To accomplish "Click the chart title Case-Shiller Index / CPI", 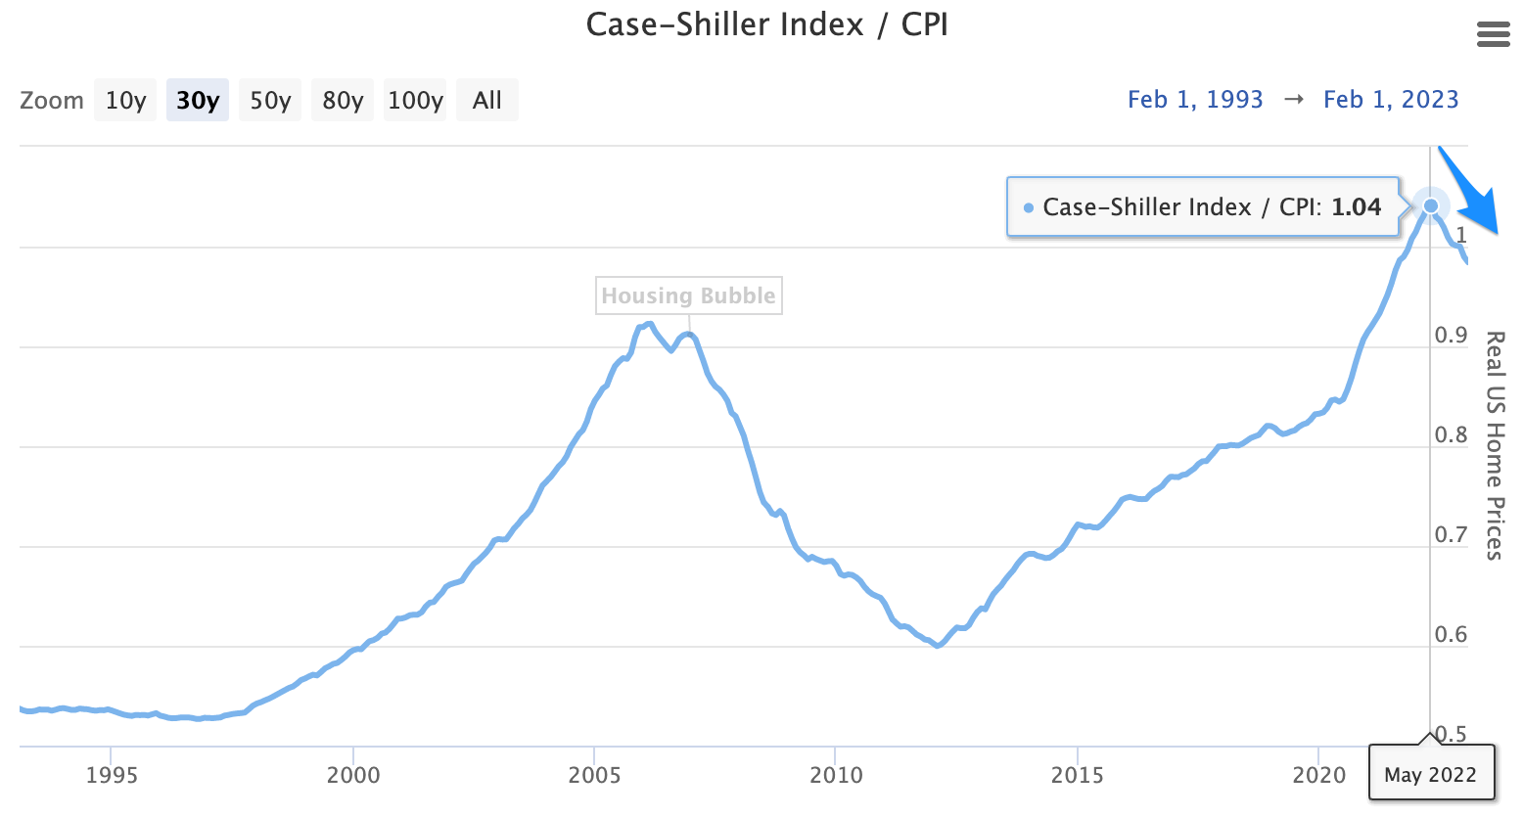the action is pyautogui.click(x=766, y=25).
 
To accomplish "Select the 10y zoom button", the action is pyautogui.click(x=126, y=100).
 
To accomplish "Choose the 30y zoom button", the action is pyautogui.click(x=198, y=100).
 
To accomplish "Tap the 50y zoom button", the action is pyautogui.click(x=270, y=100).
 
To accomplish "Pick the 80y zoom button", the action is pyautogui.click(x=343, y=100).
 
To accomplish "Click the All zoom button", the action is pyautogui.click(x=486, y=100).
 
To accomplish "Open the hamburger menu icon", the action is pyautogui.click(x=1493, y=34).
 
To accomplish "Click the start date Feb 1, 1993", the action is pyautogui.click(x=1195, y=100).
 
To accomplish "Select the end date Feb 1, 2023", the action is pyautogui.click(x=1391, y=100).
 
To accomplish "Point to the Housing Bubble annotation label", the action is pyautogui.click(x=689, y=295).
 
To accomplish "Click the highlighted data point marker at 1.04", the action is pyautogui.click(x=1431, y=206).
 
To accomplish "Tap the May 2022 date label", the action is pyautogui.click(x=1431, y=775).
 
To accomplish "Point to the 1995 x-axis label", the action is pyautogui.click(x=111, y=775).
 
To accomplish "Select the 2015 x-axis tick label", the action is pyautogui.click(x=1077, y=775).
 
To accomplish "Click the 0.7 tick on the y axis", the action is pyautogui.click(x=1451, y=535).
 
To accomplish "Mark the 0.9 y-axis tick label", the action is pyautogui.click(x=1451, y=336).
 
